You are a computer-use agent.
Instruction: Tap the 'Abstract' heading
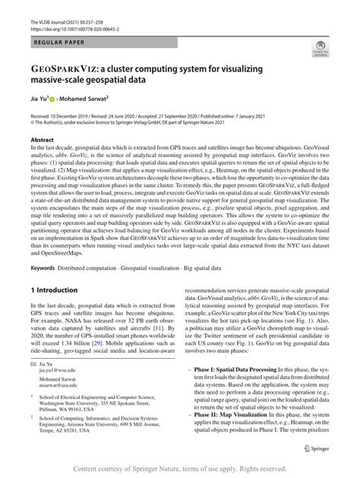coord(43,141)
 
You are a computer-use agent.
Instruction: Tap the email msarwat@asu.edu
coord(56,385)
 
